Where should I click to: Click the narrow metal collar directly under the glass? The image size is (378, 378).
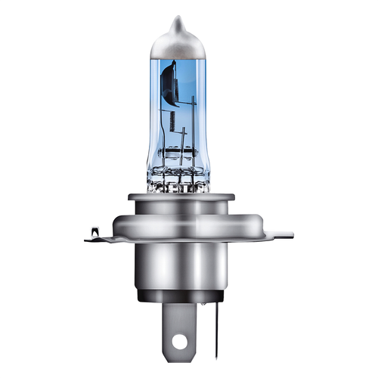pyautogui.click(x=181, y=198)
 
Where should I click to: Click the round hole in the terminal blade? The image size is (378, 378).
pyautogui.click(x=178, y=342)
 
